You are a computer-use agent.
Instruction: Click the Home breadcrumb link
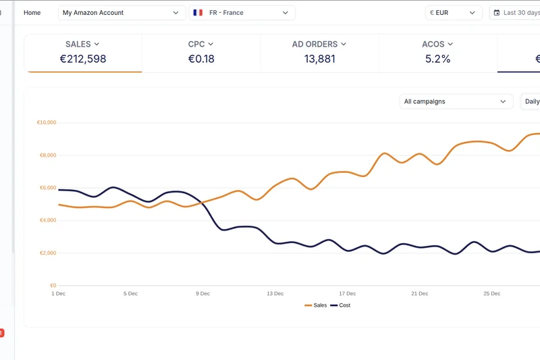32,13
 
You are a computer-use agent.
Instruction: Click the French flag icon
198,13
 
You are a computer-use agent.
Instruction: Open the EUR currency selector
454,13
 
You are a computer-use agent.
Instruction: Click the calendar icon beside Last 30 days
497,13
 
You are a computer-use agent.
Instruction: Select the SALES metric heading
82,45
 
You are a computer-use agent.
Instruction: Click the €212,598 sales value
83,59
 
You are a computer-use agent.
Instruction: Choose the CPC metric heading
201,45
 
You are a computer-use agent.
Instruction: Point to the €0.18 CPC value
201,59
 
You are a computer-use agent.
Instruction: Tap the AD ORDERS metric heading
319,45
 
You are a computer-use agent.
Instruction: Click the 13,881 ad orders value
319,59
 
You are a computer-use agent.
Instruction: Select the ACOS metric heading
437,45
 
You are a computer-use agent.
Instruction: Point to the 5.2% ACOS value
437,59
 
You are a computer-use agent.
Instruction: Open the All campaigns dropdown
456,101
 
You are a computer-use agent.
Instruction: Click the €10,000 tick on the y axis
46,123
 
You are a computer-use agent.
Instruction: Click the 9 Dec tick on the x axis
202,294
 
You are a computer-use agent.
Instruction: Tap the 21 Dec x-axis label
419,294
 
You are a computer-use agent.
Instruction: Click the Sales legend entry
316,305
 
